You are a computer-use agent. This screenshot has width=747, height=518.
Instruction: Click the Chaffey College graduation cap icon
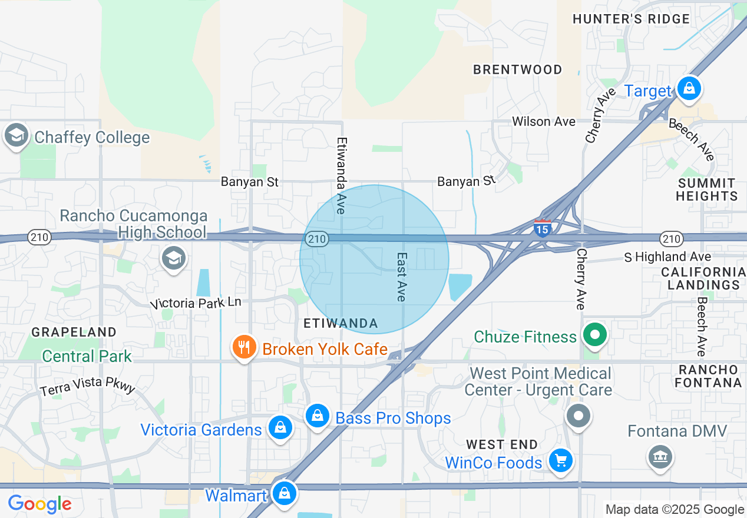tap(16, 136)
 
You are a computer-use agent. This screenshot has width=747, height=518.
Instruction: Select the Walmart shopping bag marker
tap(285, 493)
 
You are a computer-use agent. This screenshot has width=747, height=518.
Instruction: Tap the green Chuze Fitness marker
tap(595, 336)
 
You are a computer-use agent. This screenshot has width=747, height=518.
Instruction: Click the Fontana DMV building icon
tap(660, 456)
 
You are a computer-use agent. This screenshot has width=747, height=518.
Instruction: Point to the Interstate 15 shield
tap(542, 227)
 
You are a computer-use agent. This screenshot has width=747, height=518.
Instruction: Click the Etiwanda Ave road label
tap(341, 175)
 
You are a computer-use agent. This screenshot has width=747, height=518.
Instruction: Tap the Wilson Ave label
tap(543, 122)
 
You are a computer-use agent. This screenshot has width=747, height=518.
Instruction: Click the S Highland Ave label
tap(667, 257)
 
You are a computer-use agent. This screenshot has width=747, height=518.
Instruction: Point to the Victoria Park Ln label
tap(196, 303)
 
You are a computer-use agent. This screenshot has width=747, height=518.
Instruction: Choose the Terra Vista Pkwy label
tap(88, 386)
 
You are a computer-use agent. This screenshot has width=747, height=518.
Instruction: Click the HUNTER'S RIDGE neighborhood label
tap(631, 19)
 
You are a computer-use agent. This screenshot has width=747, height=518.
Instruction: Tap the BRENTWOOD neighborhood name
tap(518, 69)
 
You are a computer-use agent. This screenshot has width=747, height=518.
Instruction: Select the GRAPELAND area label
tap(74, 332)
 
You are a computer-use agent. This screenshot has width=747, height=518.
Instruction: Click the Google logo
tap(39, 504)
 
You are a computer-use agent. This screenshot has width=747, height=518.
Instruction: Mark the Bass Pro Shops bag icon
tap(318, 417)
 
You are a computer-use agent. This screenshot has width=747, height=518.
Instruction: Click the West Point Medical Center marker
tap(579, 416)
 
